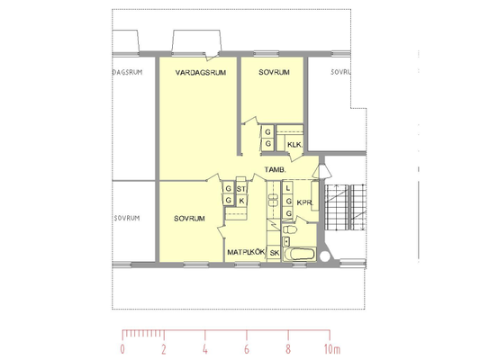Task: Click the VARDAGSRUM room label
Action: coord(201,73)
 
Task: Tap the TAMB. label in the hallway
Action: coord(276,170)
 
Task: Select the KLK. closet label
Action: coord(294,145)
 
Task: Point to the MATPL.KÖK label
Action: coord(246,252)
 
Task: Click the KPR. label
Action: coord(304,202)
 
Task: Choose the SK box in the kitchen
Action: coord(275,253)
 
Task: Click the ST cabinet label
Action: coord(240,189)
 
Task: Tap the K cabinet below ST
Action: coord(241,201)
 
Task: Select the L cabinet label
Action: coord(287,188)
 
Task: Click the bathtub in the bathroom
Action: coord(299,254)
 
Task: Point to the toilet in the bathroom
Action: coord(290,229)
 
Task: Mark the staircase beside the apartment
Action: coord(345,207)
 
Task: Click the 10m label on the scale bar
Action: coord(332,349)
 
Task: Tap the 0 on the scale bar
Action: coord(122,349)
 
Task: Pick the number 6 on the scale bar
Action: coord(247,349)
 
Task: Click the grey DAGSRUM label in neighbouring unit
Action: coord(128,73)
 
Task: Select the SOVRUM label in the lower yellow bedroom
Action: coord(189,219)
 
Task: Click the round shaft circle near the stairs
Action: coord(325,256)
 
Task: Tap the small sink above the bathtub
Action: coord(286,241)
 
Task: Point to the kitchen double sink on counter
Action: coord(273,200)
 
